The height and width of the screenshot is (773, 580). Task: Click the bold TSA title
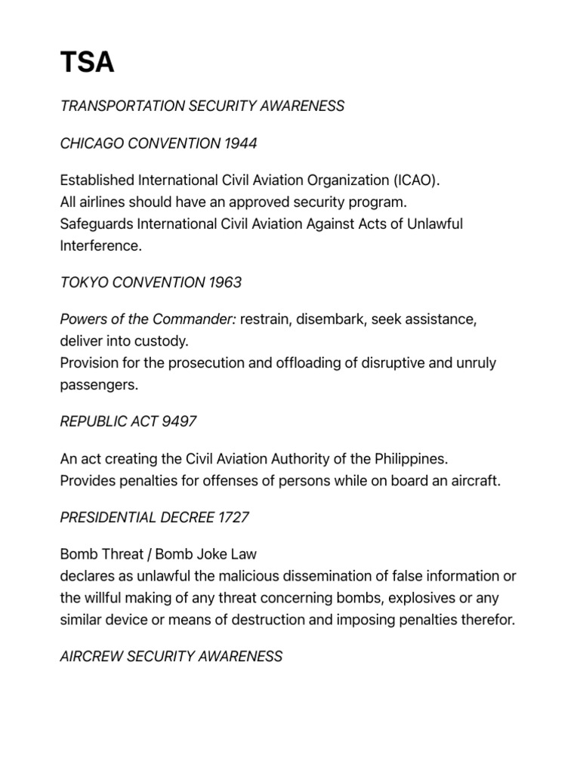pyautogui.click(x=87, y=62)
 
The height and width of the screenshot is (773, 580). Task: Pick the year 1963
pyautogui.click(x=224, y=283)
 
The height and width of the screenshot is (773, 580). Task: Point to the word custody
pyautogui.click(x=162, y=341)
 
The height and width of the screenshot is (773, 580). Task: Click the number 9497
pyautogui.click(x=180, y=421)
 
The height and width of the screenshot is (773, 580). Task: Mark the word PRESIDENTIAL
pyautogui.click(x=108, y=518)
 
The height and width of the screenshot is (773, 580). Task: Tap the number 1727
pyautogui.click(x=232, y=518)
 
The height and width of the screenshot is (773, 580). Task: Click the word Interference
pyautogui.click(x=100, y=246)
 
